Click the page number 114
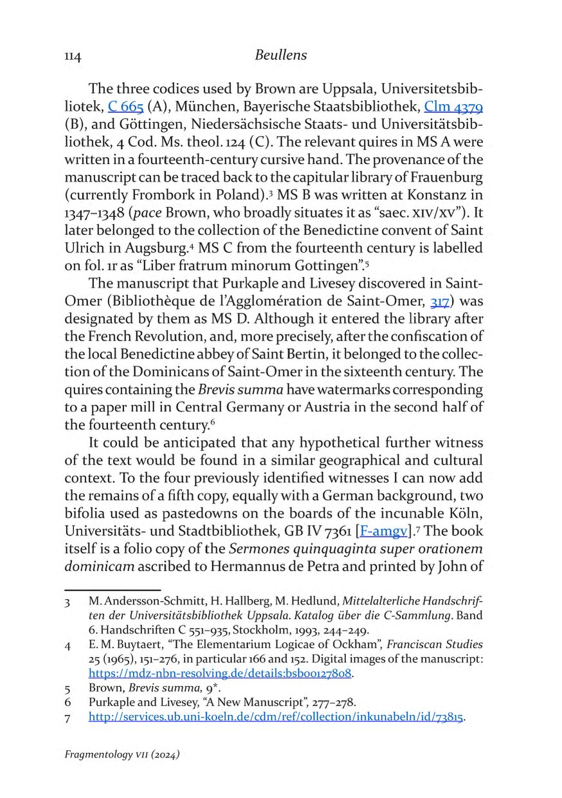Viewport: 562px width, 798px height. [72, 57]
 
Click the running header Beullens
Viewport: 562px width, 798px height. [280, 55]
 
